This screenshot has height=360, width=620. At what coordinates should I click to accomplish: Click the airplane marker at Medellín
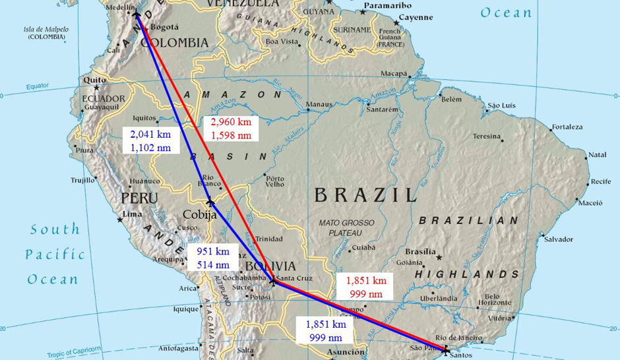(x=137, y=13)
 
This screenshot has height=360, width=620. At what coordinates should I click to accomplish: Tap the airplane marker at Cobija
(x=210, y=202)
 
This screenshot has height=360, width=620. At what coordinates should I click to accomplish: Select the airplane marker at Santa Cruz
(x=273, y=282)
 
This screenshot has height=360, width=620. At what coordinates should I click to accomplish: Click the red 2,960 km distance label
(x=231, y=129)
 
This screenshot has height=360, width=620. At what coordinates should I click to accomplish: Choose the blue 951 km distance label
(x=213, y=258)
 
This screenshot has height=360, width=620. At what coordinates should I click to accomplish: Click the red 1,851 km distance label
(x=366, y=287)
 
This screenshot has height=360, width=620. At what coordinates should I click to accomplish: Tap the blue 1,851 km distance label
(x=325, y=330)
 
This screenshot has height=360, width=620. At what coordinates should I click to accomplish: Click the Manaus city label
(x=319, y=104)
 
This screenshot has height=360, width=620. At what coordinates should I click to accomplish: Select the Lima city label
(x=133, y=214)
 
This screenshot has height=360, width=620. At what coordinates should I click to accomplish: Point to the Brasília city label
(x=420, y=252)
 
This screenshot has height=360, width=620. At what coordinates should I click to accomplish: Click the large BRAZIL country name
(x=365, y=195)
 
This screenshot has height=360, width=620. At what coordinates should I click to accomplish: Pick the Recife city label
(x=601, y=181)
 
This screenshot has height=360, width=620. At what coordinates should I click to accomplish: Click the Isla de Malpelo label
(x=46, y=34)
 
